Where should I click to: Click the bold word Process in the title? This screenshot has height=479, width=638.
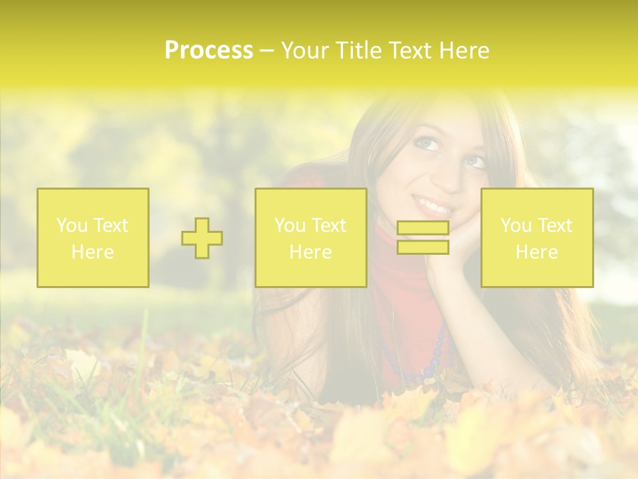[209, 51]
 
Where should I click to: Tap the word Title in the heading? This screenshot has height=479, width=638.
[358, 51]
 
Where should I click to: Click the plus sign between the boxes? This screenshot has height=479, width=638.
[202, 238]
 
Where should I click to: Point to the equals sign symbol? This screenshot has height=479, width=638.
[423, 238]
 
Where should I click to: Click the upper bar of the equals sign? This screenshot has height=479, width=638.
[423, 228]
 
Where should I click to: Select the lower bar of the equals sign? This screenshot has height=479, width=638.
[423, 247]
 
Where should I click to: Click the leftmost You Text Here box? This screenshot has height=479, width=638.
[93, 238]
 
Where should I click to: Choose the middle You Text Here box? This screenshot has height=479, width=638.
[310, 238]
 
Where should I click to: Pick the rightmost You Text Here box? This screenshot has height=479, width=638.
[537, 238]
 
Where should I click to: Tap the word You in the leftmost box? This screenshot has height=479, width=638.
[71, 226]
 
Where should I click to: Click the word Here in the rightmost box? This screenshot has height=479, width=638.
[537, 252]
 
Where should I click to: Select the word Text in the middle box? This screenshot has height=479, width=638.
[329, 226]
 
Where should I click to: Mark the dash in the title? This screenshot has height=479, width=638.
[266, 51]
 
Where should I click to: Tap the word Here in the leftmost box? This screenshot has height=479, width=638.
[93, 252]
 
